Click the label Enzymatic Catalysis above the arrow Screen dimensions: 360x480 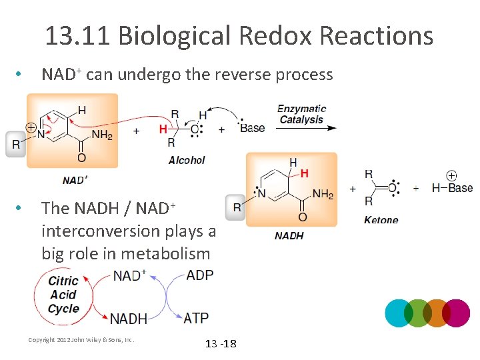pyautogui.click(x=301, y=114)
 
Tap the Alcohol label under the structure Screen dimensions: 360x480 pyautogui.click(x=187, y=160)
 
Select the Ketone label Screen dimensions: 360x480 pyautogui.click(x=381, y=220)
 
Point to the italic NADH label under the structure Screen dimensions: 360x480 pyautogui.click(x=289, y=235)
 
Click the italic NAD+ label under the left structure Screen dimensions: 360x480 pyautogui.click(x=75, y=180)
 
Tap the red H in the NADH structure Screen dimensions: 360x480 pyautogui.click(x=305, y=173)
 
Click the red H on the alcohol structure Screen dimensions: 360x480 pyautogui.click(x=163, y=129)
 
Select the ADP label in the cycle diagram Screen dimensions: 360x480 pyautogui.click(x=200, y=275)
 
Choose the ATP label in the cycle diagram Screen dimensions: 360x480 pyautogui.click(x=196, y=318)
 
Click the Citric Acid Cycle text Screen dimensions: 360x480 pyautogui.click(x=63, y=295)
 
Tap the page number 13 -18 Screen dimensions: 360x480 pyautogui.click(x=220, y=343)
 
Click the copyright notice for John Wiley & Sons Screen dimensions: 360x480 pyautogui.click(x=81, y=339)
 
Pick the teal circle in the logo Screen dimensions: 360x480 pyautogui.click(x=399, y=313)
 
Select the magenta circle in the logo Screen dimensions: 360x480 pyautogui.click(x=456, y=313)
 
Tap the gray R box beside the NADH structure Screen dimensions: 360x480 pyautogui.click(x=237, y=207)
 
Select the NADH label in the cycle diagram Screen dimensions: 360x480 pyautogui.click(x=129, y=319)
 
